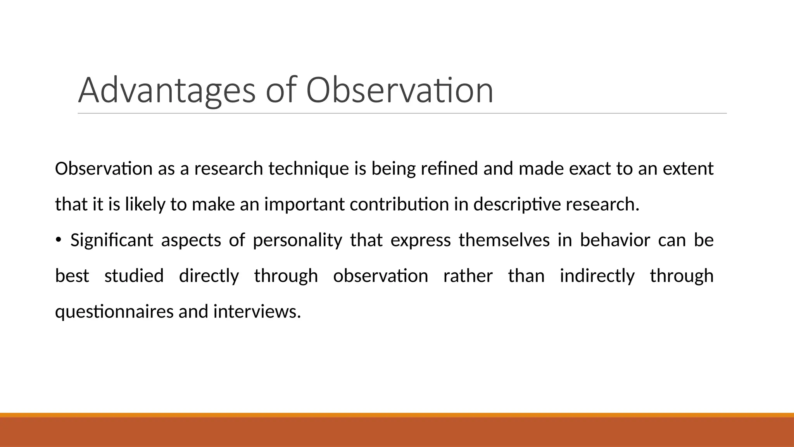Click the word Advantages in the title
click(x=167, y=91)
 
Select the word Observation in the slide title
click(x=399, y=90)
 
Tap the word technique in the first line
click(x=308, y=169)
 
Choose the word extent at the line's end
click(x=688, y=169)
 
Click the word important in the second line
click(x=304, y=204)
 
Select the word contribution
click(x=399, y=204)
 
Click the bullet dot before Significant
click(x=58, y=241)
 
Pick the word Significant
click(x=112, y=240)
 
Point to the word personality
click(x=297, y=240)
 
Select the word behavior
click(x=614, y=240)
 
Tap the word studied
click(x=134, y=276)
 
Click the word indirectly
click(x=597, y=276)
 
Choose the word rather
click(x=468, y=276)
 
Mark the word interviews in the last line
click(x=257, y=312)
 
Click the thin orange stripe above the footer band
click(x=397, y=415)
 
